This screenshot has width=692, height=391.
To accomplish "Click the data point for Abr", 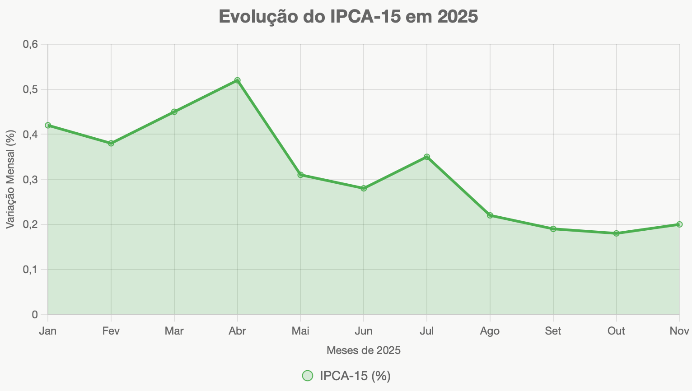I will point(237,80).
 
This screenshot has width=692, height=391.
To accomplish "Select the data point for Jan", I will point(48,125).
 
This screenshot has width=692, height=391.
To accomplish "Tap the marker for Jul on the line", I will point(427,157).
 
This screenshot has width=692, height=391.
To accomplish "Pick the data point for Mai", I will point(300,175).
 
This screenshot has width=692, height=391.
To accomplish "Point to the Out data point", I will point(616,233).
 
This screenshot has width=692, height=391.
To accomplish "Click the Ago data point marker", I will point(490,215).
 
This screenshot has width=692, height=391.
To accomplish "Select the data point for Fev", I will point(111,143).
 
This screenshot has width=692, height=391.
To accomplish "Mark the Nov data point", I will point(679,224).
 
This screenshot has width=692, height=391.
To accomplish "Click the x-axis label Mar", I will point(174,331).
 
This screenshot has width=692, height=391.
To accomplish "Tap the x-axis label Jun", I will point(364,331).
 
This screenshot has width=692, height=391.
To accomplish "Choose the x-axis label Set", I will point(553,331).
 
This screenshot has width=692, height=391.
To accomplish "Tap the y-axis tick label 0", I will point(35,314).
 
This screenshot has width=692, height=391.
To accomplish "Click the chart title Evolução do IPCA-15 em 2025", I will point(348,17).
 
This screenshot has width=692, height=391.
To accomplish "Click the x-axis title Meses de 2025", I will point(363,350).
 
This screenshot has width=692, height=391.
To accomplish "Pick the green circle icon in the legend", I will point(308,376).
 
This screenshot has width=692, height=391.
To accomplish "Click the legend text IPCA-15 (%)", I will point(355,376).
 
